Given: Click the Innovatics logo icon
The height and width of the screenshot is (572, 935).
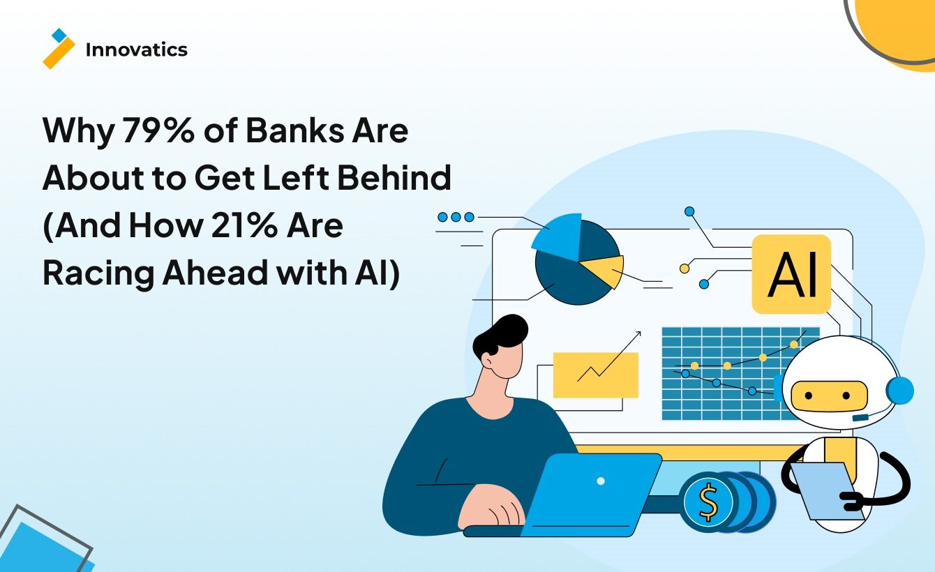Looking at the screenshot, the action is (x=59, y=48).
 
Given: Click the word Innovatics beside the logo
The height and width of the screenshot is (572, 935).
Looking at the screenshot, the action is (x=137, y=50).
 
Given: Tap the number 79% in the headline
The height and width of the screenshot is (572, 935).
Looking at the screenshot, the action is (x=158, y=130).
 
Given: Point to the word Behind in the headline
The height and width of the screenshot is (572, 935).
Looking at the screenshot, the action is (x=394, y=177).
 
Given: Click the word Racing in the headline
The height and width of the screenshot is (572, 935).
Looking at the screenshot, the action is (x=98, y=274).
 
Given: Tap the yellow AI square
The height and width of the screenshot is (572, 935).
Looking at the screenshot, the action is (x=791, y=274).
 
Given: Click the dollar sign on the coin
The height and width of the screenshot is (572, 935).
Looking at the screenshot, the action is (x=708, y=503).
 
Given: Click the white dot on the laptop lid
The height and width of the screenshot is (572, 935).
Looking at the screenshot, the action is (x=601, y=481).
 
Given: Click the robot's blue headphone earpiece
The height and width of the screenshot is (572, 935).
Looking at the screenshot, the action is (x=899, y=391).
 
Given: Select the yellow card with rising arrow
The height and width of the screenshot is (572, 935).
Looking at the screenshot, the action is (x=596, y=375).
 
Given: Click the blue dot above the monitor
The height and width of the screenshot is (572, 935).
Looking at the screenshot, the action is (x=689, y=211).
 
